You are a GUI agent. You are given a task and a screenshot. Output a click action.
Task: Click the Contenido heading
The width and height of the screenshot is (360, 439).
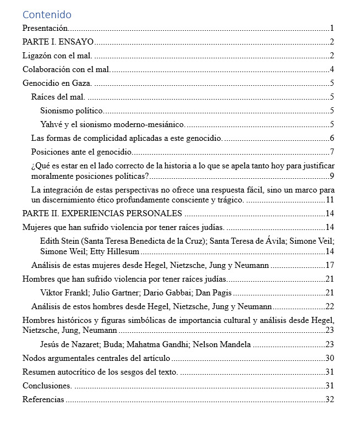tap(47, 15)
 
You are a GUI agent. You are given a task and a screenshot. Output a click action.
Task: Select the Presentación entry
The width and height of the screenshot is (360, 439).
tap(45, 28)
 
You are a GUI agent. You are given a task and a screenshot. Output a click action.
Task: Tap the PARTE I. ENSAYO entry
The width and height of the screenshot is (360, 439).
tap(58, 42)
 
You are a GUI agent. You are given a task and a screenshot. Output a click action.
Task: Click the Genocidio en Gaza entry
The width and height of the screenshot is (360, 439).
tap(57, 83)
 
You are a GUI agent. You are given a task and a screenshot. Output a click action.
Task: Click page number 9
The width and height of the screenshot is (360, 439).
tap(332, 176)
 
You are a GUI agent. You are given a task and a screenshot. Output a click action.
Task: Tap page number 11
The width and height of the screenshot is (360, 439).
tap(330, 200)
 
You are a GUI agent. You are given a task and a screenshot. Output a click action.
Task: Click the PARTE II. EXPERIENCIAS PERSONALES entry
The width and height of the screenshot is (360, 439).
tap(102, 213)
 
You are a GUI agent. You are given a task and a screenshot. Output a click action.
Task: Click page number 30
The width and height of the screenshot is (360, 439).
tap(330, 358)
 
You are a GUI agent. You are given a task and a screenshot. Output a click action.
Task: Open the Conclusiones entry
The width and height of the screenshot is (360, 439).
tap(47, 386)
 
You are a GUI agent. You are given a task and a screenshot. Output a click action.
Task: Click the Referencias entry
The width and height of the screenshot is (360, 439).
tap(43, 399)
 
